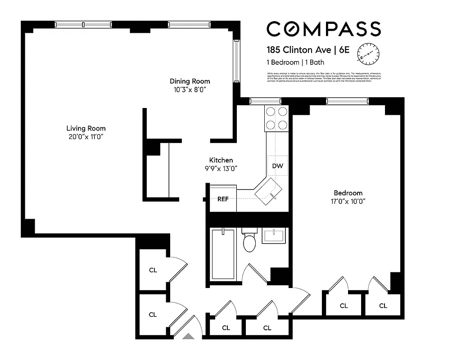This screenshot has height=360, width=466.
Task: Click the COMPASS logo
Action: [323, 29]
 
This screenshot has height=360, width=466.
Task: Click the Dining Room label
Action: [190, 81]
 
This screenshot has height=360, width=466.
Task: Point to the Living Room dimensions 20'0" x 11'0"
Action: [86, 136]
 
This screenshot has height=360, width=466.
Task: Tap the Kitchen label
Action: [221, 160]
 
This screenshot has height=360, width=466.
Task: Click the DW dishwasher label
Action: [278, 166]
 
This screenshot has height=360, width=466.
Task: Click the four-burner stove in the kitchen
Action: [276, 118]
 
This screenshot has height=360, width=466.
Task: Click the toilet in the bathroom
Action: [249, 242]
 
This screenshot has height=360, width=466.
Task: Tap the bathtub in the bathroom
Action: [223, 255]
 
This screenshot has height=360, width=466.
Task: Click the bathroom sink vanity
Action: [275, 237]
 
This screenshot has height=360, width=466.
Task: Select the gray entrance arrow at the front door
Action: [189, 336]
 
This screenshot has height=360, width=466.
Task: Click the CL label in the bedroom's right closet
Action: [383, 306]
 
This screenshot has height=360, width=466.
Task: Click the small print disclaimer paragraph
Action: [324, 77]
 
